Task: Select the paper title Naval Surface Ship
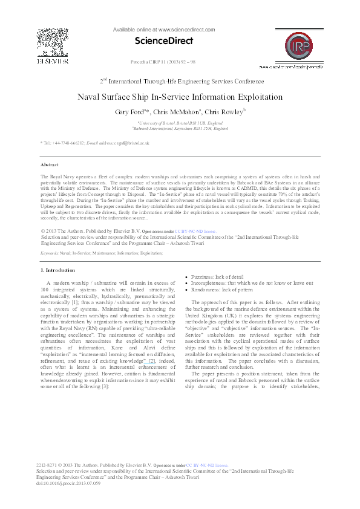coord(180,97)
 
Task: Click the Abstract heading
coord(49,164)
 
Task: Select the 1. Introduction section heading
coord(57,270)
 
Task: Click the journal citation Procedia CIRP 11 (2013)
coord(159,62)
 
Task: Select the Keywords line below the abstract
coord(93,253)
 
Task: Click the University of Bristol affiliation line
coord(180,123)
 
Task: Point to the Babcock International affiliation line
coord(180,128)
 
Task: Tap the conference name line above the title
coord(182,81)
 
